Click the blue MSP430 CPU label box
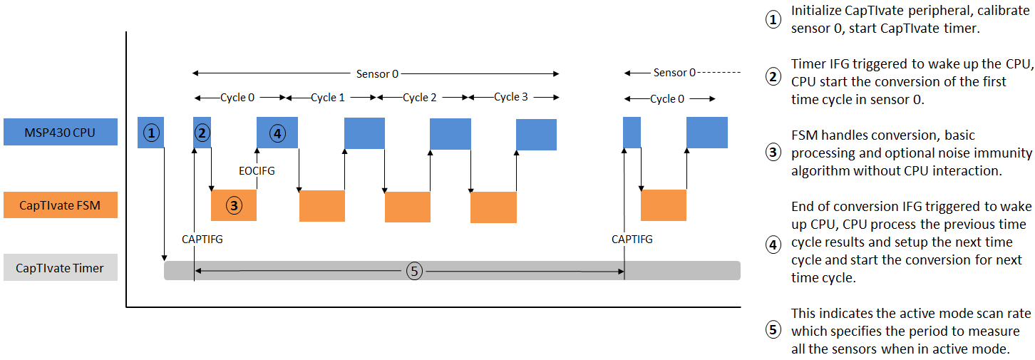pos(61,132)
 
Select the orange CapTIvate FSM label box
pos(61,205)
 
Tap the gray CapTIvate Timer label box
pos(61,268)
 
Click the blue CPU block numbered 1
pos(150,133)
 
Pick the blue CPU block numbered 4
pos(277,133)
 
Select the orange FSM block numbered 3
pos(234,206)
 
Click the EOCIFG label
pos(256,171)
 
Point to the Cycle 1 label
pos(328,98)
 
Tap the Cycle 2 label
pos(420,98)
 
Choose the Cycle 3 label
pos(511,97)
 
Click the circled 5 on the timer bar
pos(413,270)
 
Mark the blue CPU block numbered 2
pos(202,133)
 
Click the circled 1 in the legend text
pos(773,20)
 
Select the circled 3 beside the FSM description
pos(773,152)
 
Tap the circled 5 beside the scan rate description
pos(773,330)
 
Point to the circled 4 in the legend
pos(773,245)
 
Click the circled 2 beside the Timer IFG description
pos(773,77)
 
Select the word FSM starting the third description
pos(805,135)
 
